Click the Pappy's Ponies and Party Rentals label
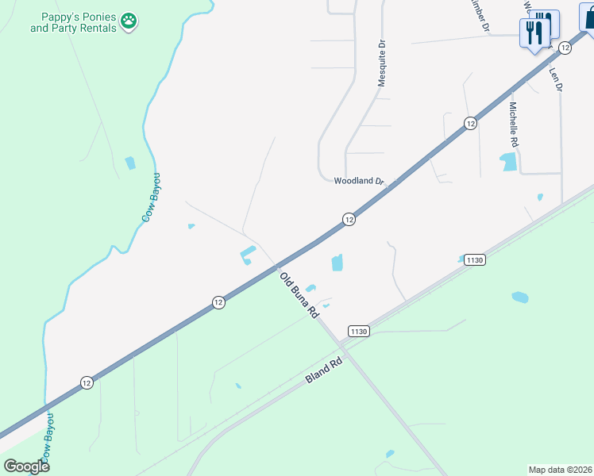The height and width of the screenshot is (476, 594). point(73,22)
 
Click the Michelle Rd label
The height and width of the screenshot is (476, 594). point(514,125)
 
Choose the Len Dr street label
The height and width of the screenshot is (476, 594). point(556,77)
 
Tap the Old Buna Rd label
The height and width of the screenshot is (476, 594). point(299,295)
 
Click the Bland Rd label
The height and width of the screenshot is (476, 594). point(323,370)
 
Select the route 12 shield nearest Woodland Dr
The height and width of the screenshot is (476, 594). point(348,219)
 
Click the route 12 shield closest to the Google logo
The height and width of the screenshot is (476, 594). point(87,382)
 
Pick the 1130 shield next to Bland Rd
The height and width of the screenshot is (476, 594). point(358,331)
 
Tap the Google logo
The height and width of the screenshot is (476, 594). point(26,466)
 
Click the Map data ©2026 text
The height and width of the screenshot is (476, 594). point(560,470)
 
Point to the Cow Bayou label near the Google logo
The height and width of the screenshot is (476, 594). point(47,436)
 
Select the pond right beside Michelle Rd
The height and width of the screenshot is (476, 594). point(508,162)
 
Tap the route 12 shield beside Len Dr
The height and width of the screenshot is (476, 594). point(565,48)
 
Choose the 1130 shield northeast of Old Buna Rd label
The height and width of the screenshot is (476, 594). point(475,259)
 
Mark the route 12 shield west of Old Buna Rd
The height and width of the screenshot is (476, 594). point(218,302)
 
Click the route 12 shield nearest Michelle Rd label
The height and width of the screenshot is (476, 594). point(470,123)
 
